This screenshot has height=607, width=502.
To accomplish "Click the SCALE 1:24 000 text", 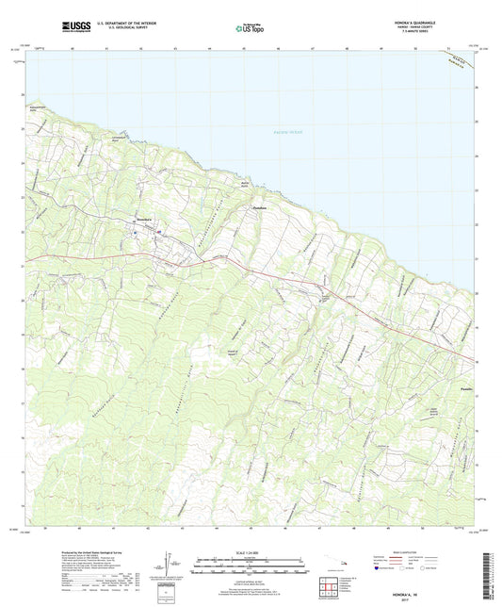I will pos(251,552).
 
